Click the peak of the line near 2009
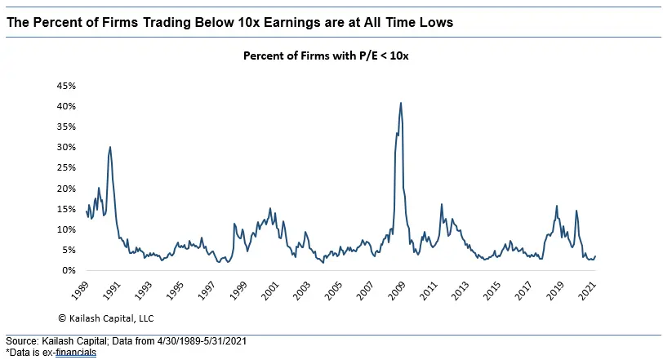401,103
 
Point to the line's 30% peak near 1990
110,148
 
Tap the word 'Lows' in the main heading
434,23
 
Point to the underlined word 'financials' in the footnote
77,353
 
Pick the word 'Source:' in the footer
21,341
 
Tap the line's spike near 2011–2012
441,205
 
